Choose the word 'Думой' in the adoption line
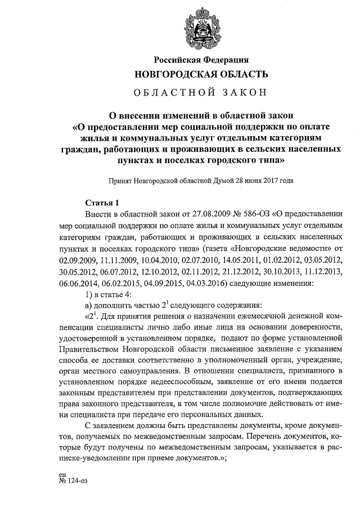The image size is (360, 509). coord(218,181)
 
